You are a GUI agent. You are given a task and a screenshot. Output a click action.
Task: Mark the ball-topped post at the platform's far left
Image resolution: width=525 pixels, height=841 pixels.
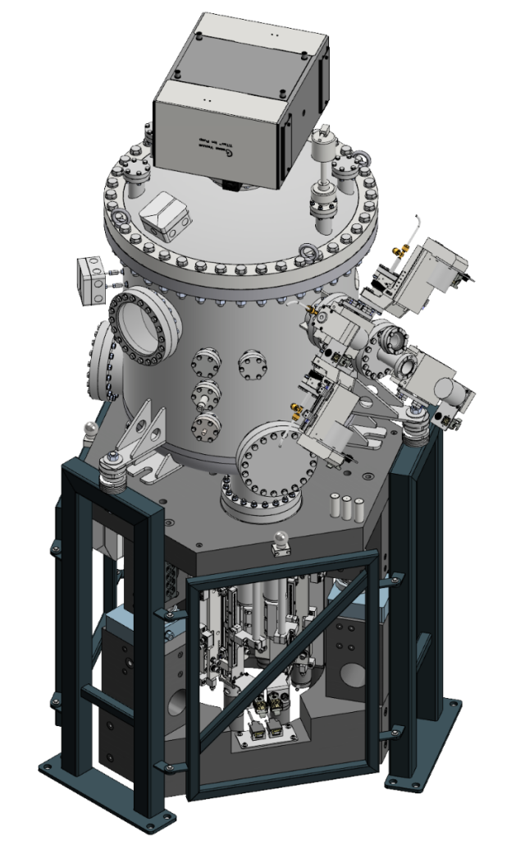click(x=91, y=430)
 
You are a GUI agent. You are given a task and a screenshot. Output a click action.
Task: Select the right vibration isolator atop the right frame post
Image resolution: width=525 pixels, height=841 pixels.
click(x=418, y=417)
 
